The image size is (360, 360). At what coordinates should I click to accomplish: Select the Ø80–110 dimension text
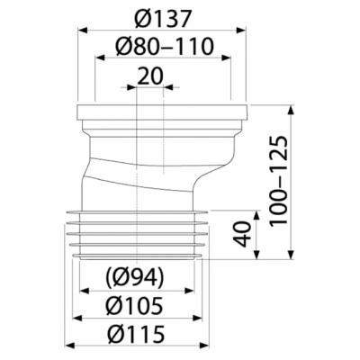coord(164,46)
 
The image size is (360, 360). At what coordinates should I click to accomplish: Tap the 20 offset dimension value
coord(150,76)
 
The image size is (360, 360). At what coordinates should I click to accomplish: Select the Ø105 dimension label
coord(134,306)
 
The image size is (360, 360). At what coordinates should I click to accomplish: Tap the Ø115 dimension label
coord(136,335)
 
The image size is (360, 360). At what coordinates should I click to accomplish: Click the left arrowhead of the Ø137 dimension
coord(83,29)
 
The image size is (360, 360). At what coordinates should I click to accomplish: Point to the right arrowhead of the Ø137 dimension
coord(241,29)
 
